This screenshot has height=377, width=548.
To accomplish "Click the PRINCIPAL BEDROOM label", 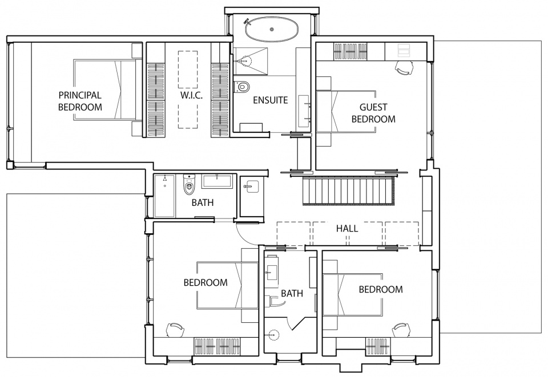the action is coord(80,101).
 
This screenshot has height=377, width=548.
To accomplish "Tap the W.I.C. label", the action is coord(191,95).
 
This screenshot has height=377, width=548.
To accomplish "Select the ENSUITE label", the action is coord(271,100).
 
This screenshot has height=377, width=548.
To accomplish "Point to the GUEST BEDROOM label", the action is coord(373,113).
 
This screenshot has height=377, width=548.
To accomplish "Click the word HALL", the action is coord(347,229).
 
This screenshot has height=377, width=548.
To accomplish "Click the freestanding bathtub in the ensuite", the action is coord(272,30).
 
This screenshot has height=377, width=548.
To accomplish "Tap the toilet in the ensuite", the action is coord(242,86).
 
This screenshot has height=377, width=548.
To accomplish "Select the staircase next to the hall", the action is coord(348,191).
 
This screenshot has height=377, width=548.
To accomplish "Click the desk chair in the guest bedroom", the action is coord(404,68).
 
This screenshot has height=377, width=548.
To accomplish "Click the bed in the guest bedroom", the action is coord(346,112).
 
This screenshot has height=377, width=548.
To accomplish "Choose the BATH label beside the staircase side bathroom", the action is coord(202,202).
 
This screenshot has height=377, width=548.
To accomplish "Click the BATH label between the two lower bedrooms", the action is coord(292,294).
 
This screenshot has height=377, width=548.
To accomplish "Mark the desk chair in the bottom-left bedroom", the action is coord(175,330).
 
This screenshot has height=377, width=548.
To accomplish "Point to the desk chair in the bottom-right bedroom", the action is coord(401,330).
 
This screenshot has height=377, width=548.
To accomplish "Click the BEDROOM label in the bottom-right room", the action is coord(381,289).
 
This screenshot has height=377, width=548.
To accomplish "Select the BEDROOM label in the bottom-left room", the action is coord(205,282).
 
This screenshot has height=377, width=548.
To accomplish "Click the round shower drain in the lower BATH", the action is coord(275,334).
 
